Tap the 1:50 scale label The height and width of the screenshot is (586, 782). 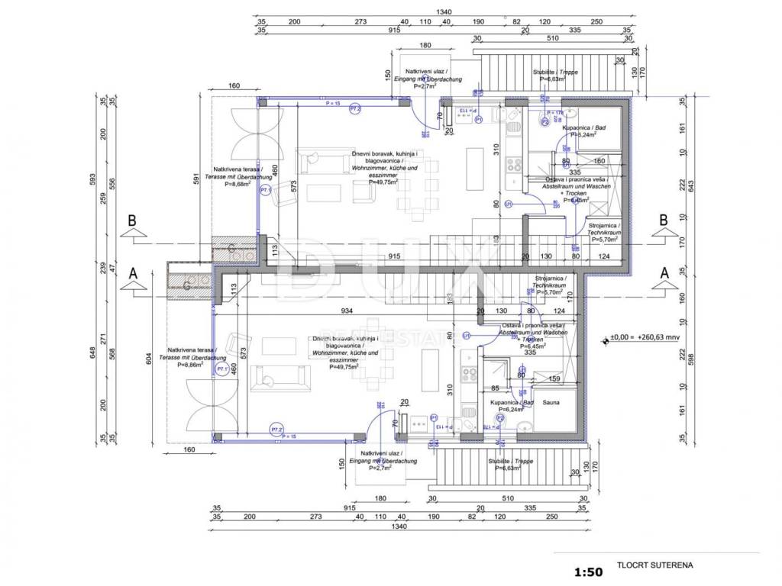pos(588,571)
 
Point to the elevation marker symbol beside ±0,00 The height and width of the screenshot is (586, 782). pos(604,340)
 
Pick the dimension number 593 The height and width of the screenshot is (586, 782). pos(92,182)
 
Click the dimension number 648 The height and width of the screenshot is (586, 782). pos(92,353)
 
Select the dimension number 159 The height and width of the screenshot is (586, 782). pos(555,378)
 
